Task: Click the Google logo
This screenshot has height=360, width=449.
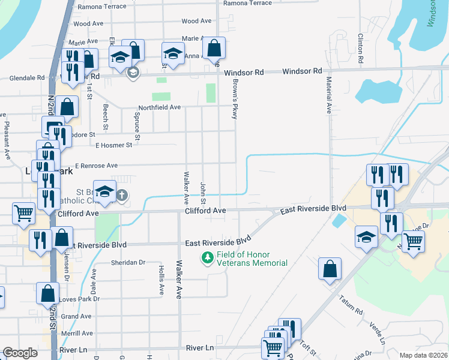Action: click(20, 353)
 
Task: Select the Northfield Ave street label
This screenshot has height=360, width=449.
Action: click(158, 107)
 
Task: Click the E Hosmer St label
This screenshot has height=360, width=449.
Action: click(113, 145)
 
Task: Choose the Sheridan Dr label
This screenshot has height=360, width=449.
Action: click(128, 262)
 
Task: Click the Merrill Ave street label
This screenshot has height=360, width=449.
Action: click(76, 333)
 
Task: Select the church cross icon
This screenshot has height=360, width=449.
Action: click(122, 195)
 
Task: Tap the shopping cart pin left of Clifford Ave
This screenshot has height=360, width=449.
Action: click(23, 212)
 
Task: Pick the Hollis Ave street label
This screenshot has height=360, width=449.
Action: click(161, 280)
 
